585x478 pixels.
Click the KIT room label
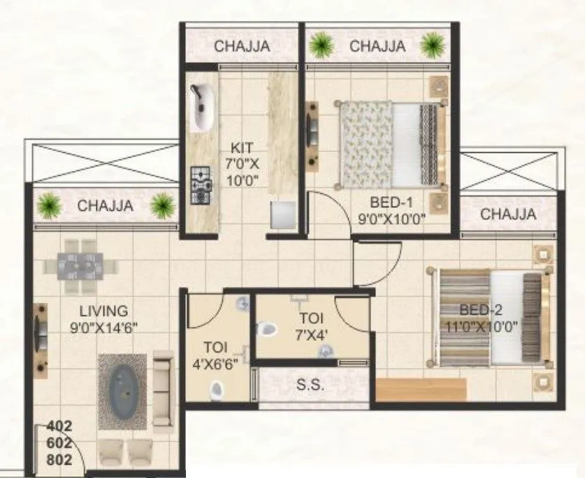(243, 148)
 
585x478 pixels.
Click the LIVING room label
(103, 311)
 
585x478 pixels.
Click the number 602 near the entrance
(59, 442)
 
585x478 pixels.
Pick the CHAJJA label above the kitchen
(242, 47)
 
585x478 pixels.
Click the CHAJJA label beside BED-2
(508, 214)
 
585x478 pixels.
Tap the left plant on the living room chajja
(50, 205)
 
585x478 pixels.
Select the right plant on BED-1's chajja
(429, 46)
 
